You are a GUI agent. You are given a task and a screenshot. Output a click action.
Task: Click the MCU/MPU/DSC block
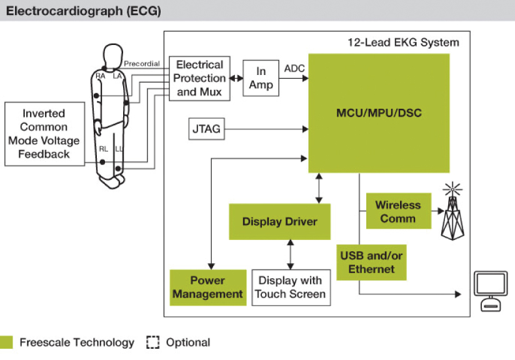click(x=379, y=113)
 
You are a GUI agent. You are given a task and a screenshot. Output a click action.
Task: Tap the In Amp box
click(x=261, y=79)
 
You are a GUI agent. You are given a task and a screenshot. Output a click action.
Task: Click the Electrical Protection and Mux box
click(x=199, y=78)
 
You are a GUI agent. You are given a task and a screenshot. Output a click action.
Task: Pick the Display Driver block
click(x=279, y=222)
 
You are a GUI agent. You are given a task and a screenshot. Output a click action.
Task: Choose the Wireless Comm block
click(x=397, y=211)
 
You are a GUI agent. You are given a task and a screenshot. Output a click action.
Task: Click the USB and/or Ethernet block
click(x=371, y=262)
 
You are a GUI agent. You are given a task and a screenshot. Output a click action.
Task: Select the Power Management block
click(x=207, y=287)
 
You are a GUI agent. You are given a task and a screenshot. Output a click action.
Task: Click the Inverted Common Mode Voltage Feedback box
click(x=44, y=134)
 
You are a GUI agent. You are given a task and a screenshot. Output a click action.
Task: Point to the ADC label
click(x=294, y=67)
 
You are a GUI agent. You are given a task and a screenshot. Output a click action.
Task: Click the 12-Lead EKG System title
click(x=402, y=43)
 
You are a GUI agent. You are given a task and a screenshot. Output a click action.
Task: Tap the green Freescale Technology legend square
click(x=7, y=342)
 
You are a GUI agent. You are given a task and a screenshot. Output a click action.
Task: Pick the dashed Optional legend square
click(x=152, y=342)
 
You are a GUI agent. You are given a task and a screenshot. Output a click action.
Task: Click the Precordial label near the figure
click(x=142, y=64)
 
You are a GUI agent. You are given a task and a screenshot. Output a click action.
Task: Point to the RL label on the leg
click(x=103, y=149)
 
